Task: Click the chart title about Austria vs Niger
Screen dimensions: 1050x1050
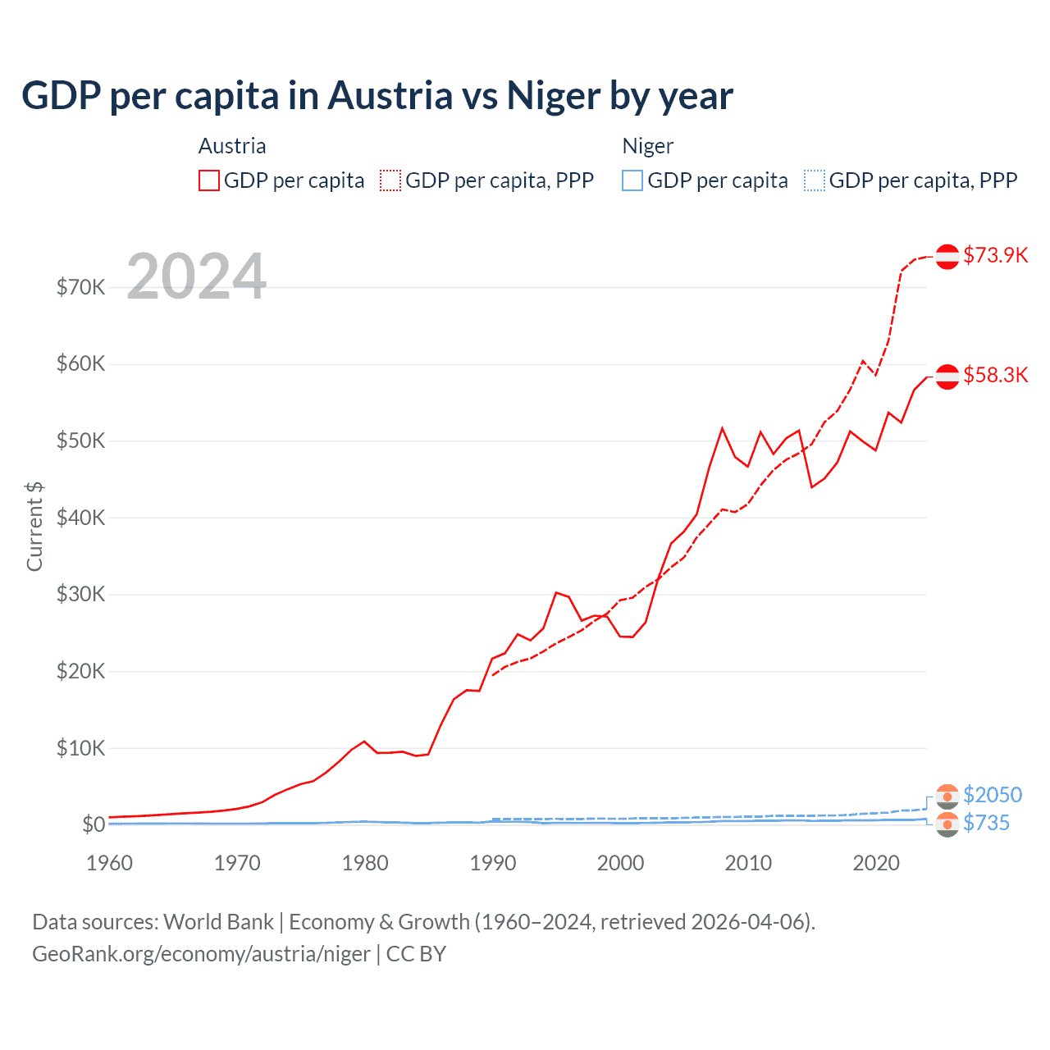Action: click(x=377, y=95)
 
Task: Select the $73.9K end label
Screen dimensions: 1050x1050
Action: click(x=995, y=255)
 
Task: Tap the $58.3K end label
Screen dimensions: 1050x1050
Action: click(x=995, y=375)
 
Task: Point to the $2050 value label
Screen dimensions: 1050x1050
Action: click(x=993, y=795)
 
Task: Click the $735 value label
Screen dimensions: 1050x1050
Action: click(x=986, y=823)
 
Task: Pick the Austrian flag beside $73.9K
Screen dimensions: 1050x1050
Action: click(x=947, y=256)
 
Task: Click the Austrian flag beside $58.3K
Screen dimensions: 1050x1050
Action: click(x=947, y=376)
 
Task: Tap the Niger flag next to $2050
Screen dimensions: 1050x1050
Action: click(x=947, y=796)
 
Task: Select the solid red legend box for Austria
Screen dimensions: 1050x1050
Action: click(x=209, y=180)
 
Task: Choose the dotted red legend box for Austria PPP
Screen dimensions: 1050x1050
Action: click(x=390, y=180)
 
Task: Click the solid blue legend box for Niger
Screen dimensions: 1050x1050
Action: click(x=632, y=180)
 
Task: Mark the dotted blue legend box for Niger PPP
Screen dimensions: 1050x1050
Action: click(x=815, y=180)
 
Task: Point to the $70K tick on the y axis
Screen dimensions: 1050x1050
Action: click(x=80, y=287)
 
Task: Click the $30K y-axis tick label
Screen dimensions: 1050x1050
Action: click(x=80, y=594)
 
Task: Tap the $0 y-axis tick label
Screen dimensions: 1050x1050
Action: click(x=94, y=824)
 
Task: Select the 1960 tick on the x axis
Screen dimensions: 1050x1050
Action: click(x=109, y=863)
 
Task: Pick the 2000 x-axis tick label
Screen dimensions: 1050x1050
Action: click(x=620, y=863)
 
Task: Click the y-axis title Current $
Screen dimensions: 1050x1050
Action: click(x=34, y=526)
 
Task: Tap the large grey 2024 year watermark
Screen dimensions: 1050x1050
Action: click(x=197, y=276)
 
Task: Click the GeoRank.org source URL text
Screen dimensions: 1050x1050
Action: click(x=201, y=954)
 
